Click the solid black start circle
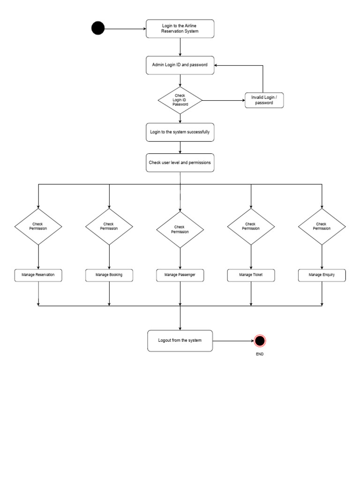(98, 29)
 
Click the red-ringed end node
(260, 340)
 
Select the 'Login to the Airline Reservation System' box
(180, 29)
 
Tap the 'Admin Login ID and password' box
(180, 65)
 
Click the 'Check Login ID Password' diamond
(180, 100)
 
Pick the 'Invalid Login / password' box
(264, 100)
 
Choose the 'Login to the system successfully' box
(180, 132)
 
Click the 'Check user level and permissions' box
(180, 163)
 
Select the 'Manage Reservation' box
(38, 275)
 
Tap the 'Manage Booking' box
(109, 275)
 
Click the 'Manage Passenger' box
(180, 275)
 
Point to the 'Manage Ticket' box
(251, 275)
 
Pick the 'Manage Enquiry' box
(322, 275)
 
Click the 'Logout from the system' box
(180, 340)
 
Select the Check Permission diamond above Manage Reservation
(38, 226)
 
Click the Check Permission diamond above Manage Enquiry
(322, 226)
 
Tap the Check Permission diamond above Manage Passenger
(180, 229)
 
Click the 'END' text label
(260, 354)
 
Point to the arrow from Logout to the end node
(233, 340)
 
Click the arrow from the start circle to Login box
(125, 29)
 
